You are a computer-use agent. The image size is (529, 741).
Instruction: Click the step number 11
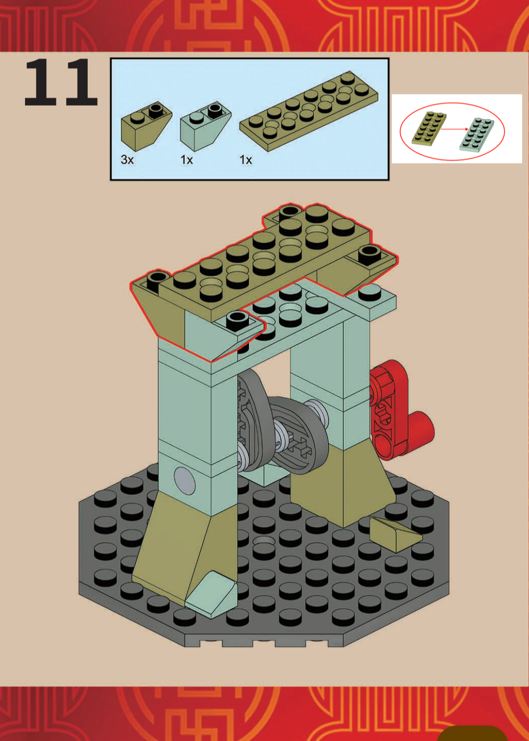[61, 82]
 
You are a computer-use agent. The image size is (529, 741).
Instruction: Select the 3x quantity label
[127, 160]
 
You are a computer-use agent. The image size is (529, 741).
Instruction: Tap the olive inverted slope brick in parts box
[146, 125]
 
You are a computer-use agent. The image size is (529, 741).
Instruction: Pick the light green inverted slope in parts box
[205, 126]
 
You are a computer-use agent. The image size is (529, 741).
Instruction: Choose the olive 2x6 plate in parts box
[309, 111]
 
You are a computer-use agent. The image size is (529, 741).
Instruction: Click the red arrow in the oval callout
[455, 129]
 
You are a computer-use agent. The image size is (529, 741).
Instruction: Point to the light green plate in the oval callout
[477, 134]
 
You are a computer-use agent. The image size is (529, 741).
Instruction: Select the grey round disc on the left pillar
[184, 480]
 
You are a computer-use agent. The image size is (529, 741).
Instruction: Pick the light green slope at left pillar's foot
[211, 595]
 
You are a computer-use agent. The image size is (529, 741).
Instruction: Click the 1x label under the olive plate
[246, 160]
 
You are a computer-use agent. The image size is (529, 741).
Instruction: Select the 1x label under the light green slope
[187, 160]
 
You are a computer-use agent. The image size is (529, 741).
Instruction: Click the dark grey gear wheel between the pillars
[299, 435]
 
